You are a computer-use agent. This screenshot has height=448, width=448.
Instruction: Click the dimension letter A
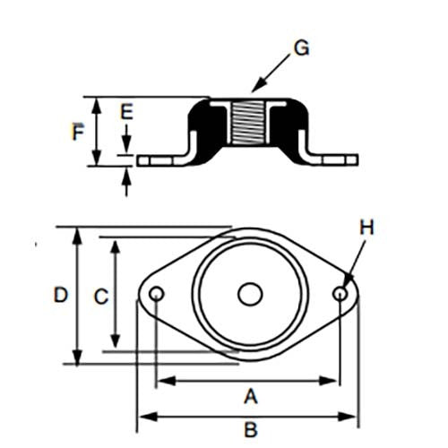point(251,395)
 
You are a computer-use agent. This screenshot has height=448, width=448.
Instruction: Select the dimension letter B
point(251,430)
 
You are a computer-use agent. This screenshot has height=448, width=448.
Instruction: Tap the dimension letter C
point(102,294)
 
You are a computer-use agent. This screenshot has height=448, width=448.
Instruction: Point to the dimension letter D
point(60,294)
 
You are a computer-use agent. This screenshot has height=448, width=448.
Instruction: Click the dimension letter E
point(126,112)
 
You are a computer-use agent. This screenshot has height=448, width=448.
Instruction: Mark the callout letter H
point(366,228)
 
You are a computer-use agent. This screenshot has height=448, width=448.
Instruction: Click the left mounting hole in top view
point(156,294)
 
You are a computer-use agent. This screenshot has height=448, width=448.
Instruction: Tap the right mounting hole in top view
point(340,294)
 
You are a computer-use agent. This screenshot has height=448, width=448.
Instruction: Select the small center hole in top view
point(248,294)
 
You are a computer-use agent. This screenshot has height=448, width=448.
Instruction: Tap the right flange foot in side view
point(336,159)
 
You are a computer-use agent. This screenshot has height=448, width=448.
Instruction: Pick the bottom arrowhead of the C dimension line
point(115,344)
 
